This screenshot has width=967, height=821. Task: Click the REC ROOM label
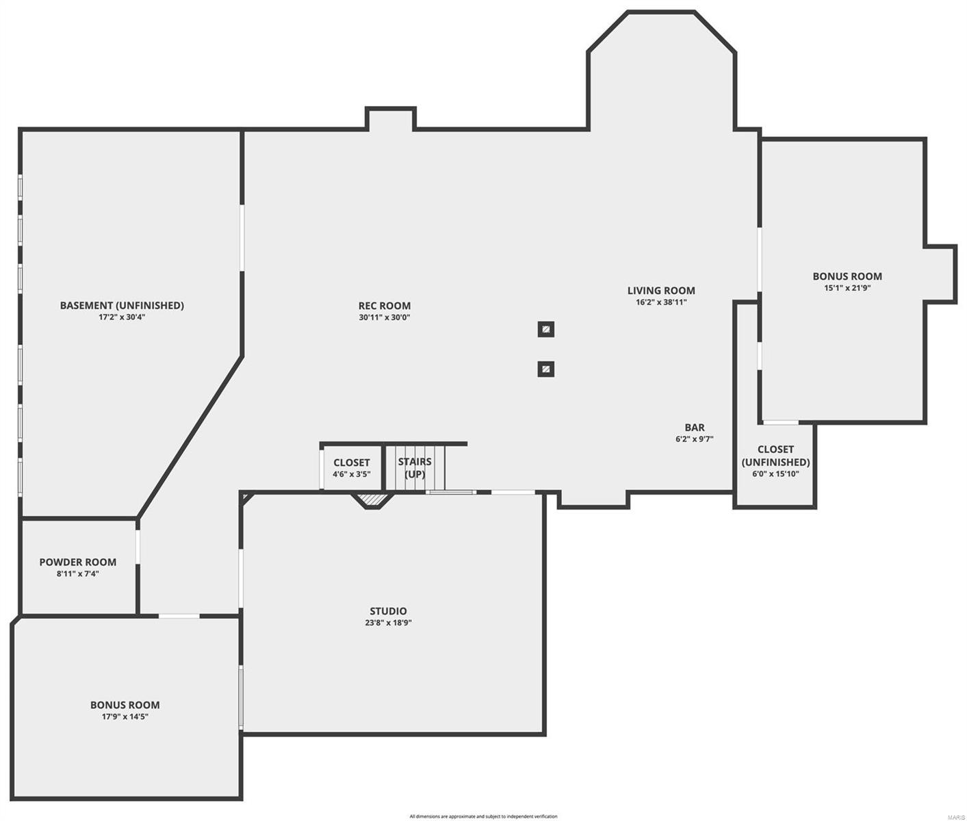coord(385,306)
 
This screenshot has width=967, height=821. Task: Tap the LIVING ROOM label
coord(661,290)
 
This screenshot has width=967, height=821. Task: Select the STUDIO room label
coord(388,611)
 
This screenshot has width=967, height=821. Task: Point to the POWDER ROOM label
coord(77,562)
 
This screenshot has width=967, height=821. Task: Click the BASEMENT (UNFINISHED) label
coord(122,305)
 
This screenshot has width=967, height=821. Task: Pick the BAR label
coord(695,428)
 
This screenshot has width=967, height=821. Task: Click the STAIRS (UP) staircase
coord(415,468)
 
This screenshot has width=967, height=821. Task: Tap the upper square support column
coord(545,329)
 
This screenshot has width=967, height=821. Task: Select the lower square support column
coord(545,369)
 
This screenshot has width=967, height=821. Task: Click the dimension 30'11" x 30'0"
coord(385,317)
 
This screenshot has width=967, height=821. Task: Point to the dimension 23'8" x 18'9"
coord(388,623)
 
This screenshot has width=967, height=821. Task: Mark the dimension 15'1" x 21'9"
coord(847,288)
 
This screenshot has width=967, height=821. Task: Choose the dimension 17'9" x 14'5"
coord(125,716)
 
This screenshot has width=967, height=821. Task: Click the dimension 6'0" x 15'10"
coord(775,473)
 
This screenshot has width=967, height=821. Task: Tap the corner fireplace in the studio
coord(372,501)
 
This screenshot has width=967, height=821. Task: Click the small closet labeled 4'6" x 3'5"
coord(352,468)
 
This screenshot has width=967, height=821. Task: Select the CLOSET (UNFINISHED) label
coord(775,456)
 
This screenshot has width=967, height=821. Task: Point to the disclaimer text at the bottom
coord(483,816)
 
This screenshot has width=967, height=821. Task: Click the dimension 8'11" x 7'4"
coord(77,573)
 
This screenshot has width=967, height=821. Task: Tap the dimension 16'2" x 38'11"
coord(661,302)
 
